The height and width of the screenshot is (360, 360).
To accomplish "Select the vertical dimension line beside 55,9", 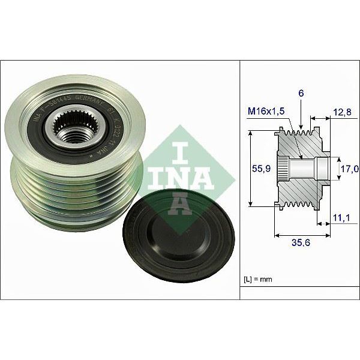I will point(250,169).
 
